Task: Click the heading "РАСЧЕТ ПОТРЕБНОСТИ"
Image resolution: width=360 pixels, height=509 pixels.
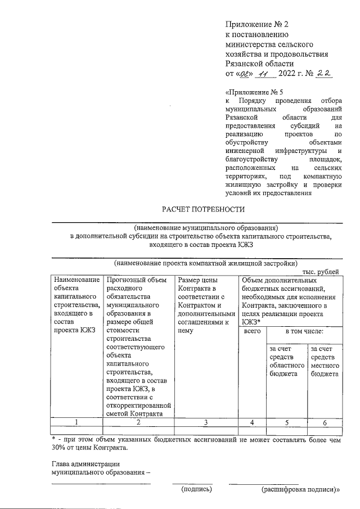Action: click(204, 210)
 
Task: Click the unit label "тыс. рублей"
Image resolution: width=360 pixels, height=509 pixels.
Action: click(321, 271)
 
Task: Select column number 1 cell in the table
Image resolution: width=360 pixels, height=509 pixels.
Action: click(76, 421)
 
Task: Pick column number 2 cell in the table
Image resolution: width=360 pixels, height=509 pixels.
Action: click(138, 421)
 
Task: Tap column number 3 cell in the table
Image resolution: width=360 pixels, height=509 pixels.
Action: click(206, 421)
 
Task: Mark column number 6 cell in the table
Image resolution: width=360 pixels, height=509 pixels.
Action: click(324, 421)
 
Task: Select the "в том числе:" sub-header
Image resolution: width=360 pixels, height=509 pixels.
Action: click(304, 332)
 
